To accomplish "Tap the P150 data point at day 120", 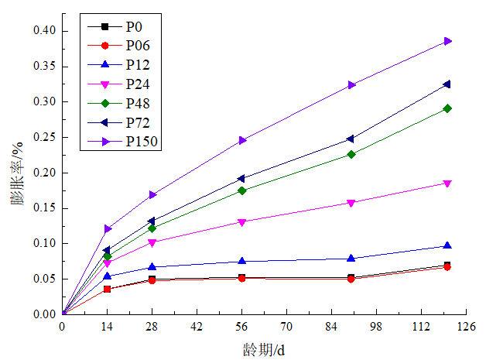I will [448, 41].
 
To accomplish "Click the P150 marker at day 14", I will [107, 228].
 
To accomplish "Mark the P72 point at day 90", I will [351, 139].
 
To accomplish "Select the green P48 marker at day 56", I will [242, 190].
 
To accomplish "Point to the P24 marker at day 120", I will [448, 183].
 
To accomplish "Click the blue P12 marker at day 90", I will [351, 258].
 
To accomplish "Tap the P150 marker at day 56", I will [242, 140].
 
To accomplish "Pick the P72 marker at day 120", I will [448, 84].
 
